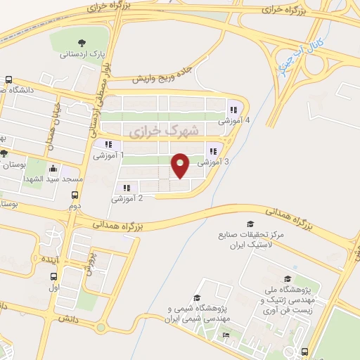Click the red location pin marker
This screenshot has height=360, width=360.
[x=181, y=165]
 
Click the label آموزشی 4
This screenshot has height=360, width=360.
[x=237, y=121]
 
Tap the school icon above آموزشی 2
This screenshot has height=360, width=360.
[x=127, y=188]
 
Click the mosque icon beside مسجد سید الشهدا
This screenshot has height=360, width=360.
[x=53, y=169]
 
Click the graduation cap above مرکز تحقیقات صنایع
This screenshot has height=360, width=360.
[x=250, y=224]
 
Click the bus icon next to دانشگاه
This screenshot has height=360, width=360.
[x=8, y=79]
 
